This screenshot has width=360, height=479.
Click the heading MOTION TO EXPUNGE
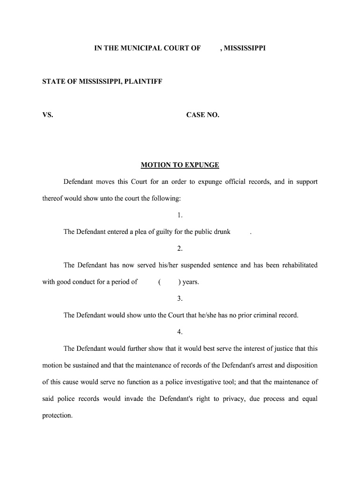coord(180,165)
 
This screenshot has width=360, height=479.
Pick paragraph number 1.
coord(180,215)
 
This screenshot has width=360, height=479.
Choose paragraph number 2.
coord(180,248)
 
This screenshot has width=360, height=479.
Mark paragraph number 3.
coord(180,298)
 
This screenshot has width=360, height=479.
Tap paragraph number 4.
coord(180,332)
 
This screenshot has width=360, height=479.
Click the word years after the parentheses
coord(190,282)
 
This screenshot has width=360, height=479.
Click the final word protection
coord(57,415)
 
